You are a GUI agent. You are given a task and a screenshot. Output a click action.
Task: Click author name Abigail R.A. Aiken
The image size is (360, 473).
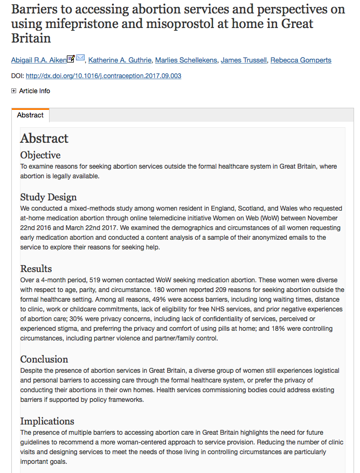coord(38,59)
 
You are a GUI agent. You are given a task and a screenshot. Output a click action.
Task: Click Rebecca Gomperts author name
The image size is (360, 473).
coord(301,59)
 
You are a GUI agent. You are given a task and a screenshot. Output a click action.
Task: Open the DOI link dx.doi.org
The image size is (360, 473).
coord(103,76)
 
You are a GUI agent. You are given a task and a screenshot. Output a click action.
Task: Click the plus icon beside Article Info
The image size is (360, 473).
coord(14,91)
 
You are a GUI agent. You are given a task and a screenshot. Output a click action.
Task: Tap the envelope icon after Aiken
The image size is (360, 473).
coord(80,58)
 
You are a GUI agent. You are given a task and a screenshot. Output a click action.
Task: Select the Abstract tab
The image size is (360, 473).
coord(30,115)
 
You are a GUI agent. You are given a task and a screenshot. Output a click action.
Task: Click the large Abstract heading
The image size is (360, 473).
coord(44,138)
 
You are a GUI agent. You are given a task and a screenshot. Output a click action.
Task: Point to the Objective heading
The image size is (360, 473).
coord(40,155)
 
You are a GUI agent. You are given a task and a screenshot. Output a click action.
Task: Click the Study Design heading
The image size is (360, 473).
coord(49,197)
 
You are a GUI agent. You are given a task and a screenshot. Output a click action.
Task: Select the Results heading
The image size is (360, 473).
coord(36,268)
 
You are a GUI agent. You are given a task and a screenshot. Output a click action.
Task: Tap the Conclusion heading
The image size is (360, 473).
coord(44,359)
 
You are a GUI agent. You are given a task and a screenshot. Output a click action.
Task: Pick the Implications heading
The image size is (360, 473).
coord(47,421)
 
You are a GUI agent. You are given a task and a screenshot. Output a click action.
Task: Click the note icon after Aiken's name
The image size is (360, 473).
coord(71,58)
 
